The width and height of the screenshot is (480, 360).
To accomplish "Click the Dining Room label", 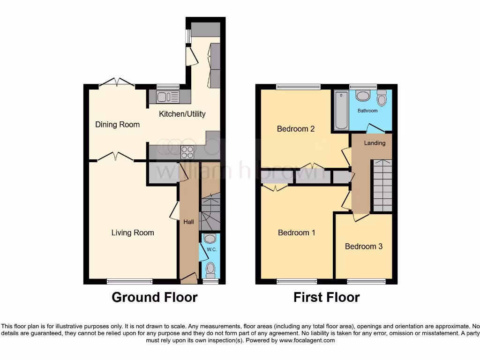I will (x=117, y=125).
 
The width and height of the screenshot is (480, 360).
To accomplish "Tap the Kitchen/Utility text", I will (x=182, y=114).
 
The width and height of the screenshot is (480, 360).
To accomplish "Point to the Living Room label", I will (x=133, y=232).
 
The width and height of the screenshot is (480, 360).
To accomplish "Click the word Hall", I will (x=188, y=222).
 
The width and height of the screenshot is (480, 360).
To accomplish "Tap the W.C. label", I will (x=211, y=249).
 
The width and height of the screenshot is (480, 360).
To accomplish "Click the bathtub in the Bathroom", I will (x=341, y=111).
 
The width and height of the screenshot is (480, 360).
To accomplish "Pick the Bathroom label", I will (x=367, y=111).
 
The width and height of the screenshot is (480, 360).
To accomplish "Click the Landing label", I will (x=375, y=143).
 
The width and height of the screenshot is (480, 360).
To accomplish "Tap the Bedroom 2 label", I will (x=295, y=129).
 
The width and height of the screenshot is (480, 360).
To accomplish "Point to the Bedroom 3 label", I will (x=364, y=246).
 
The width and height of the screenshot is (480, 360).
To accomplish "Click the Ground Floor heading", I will (x=154, y=297).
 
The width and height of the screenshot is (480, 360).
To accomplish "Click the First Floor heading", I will (x=326, y=297).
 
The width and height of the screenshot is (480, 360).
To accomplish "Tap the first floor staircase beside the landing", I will (x=382, y=186).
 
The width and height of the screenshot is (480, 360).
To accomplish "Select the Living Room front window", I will (x=129, y=281).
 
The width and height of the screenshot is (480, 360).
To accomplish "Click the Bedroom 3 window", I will (x=366, y=281).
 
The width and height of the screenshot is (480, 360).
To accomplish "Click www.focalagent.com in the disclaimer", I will (x=307, y=340).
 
